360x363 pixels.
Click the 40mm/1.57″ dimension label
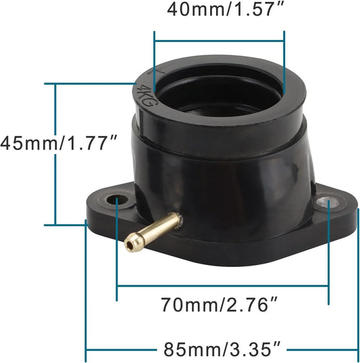(x=225, y=9)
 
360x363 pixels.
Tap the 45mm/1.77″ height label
(x=59, y=143)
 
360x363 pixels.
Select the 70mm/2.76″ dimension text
(x=219, y=305)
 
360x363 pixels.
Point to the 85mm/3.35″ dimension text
(x=222, y=349)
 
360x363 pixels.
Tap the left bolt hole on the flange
(x=118, y=199)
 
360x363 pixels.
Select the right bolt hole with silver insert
(x=328, y=203)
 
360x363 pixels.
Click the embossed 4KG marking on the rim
(x=146, y=96)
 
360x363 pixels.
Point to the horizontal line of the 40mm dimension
(x=219, y=41)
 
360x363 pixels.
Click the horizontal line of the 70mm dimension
(x=223, y=286)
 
